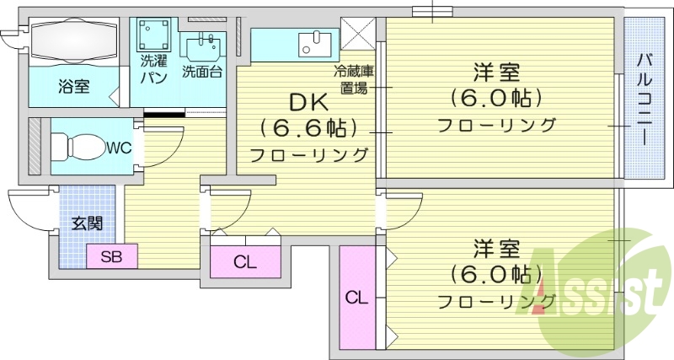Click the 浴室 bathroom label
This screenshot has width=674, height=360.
(74, 86)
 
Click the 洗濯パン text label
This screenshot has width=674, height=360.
(152, 69)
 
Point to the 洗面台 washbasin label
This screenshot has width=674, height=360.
(202, 72)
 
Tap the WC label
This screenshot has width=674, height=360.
(117, 148)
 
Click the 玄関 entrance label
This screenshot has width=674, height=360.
(87, 223)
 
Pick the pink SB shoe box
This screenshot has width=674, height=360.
(111, 257)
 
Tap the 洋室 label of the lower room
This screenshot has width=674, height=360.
(495, 250)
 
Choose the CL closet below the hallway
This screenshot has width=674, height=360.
(244, 262)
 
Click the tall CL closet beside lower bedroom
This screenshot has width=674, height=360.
(356, 297)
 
